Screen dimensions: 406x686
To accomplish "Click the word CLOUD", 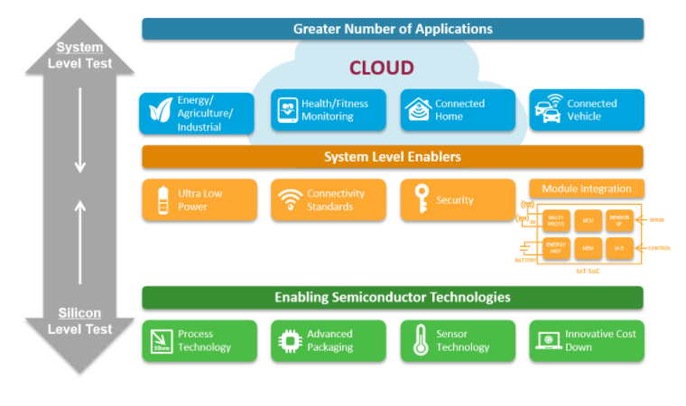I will coord(381,68).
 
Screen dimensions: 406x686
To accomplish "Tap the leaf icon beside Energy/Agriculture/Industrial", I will coord(162,111).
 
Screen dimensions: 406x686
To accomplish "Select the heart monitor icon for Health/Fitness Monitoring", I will coord(288,110).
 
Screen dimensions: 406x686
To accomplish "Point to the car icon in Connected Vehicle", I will coord(548,110).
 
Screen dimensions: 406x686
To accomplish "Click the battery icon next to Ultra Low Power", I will coord(162,199).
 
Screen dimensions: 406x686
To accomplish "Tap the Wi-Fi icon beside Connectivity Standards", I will coord(289,199).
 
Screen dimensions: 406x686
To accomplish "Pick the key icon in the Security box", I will coord(420,199).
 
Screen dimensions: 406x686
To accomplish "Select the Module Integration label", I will coord(586,189).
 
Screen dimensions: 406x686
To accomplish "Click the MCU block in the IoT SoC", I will coord(587,219).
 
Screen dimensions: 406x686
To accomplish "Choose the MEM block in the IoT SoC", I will coord(587,247).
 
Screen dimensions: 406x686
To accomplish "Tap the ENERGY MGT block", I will coord(555,247).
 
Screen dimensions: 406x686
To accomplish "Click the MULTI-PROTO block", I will coord(555,219).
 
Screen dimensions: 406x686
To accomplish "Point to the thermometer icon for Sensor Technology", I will coord(420,341).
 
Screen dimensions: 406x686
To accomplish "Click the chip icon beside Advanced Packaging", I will coord(289,341).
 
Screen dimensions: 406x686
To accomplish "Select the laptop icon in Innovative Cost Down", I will coord(546,341).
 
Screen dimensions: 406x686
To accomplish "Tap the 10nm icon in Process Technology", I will coord(161,341).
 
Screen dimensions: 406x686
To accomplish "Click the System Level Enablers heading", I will coord(392,157).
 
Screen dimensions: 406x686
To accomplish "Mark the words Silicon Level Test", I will coord(79,321).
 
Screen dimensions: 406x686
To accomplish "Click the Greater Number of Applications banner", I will coord(392,29).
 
